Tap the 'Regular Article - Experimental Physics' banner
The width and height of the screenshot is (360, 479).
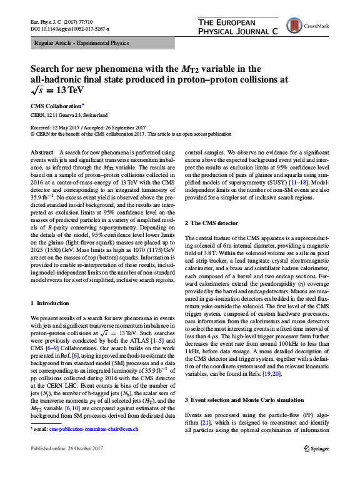click(81, 44)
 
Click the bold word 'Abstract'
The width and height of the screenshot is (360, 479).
click(42, 152)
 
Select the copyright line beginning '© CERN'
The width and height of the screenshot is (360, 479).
click(131, 133)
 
